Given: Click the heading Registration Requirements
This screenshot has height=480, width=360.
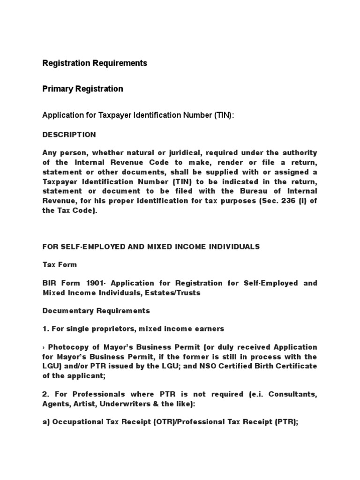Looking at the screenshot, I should tap(95, 63).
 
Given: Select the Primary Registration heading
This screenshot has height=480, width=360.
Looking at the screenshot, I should tap(83, 89).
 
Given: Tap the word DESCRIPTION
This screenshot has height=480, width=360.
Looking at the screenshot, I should tap(69, 135).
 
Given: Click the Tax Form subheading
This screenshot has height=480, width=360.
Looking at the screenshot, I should tap(60, 265).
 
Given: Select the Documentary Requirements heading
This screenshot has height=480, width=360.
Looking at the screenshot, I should tap(96, 311).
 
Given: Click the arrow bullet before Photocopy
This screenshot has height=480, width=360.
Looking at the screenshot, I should tap(44, 347).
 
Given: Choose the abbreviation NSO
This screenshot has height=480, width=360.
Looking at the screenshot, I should tap(212, 366).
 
